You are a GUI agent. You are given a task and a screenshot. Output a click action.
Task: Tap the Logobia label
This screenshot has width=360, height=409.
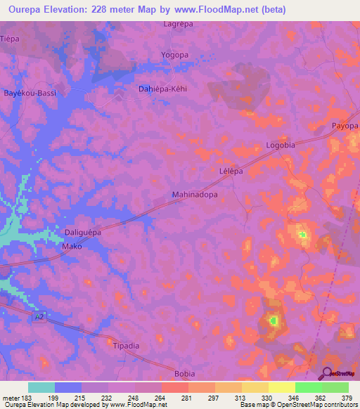pyautogui.click(x=280, y=145)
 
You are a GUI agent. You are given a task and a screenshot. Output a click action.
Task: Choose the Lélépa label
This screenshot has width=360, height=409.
pyautogui.click(x=231, y=171)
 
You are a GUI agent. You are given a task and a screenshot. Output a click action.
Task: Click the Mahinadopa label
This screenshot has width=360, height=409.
pyautogui.click(x=195, y=195)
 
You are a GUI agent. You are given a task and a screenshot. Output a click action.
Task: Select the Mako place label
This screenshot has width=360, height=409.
pyautogui.click(x=72, y=247)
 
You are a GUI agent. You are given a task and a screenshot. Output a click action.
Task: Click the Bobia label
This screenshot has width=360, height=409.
pyautogui.click(x=184, y=373)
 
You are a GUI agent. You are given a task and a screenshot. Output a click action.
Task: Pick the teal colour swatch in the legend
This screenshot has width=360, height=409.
pyautogui.click(x=41, y=387)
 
